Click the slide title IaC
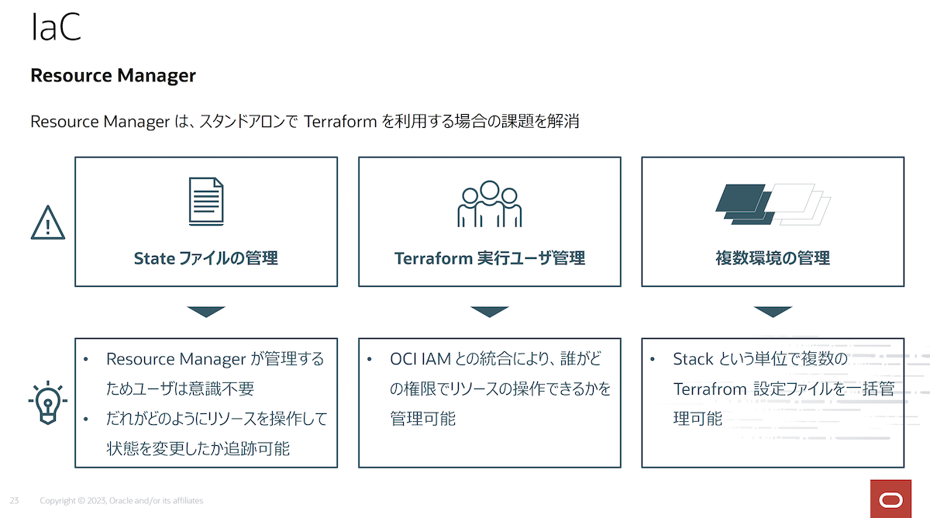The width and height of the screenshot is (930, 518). tap(56, 27)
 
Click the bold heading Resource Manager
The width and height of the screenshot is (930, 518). tap(113, 75)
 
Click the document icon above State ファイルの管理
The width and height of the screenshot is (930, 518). tap(206, 202)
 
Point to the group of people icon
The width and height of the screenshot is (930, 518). tap(490, 203)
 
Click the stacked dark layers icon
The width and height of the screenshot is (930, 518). tap(746, 205)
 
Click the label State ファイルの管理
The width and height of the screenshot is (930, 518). tap(206, 258)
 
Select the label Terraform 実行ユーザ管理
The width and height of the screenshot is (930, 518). tap(490, 258)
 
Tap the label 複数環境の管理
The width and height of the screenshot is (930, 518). tap(773, 258)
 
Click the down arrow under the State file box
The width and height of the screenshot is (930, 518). tap(206, 312)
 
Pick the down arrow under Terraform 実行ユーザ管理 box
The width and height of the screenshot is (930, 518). tap(490, 312)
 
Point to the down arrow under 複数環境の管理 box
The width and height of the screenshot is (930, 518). tap(773, 312)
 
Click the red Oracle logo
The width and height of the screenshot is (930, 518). tap(890, 499)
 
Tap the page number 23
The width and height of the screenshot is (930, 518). tap(14, 501)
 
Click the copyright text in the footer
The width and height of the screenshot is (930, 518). tap(121, 501)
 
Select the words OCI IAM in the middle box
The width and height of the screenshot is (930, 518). tap(420, 359)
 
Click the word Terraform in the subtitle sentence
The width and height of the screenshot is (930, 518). tap(340, 122)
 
